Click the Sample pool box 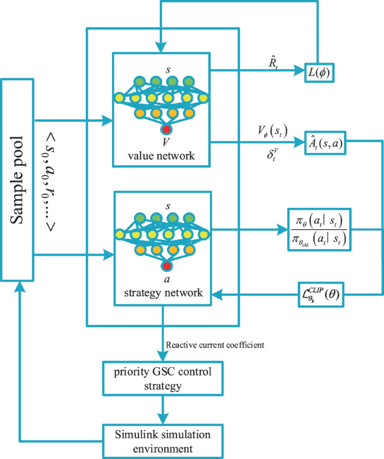(x=18, y=179)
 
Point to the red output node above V (x=166, y=130)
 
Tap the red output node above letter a (x=166, y=266)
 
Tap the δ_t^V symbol (x=271, y=152)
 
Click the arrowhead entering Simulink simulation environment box (x=163, y=419)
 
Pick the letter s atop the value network (x=166, y=69)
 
